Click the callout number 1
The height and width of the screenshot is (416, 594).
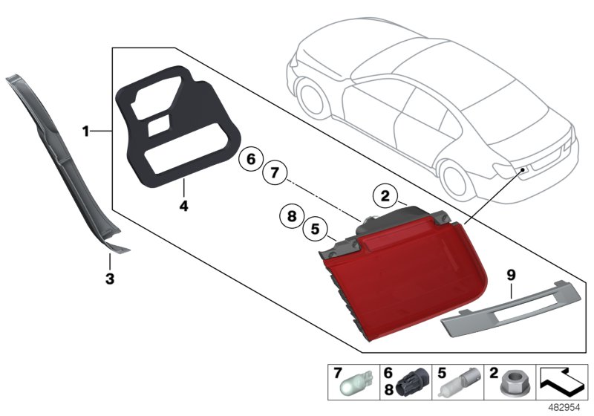[86, 131]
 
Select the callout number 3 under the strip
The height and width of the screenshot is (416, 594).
[109, 279]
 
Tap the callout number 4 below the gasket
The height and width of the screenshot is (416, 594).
[183, 203]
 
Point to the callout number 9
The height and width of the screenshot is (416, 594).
[511, 275]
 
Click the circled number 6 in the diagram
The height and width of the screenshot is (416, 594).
[251, 159]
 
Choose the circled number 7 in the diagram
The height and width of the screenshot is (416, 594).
[274, 173]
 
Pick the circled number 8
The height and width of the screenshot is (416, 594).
[292, 216]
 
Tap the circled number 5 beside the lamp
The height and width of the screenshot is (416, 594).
[315, 230]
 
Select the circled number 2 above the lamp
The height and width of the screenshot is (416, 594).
[385, 196]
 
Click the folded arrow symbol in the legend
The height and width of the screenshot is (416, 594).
[562, 383]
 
